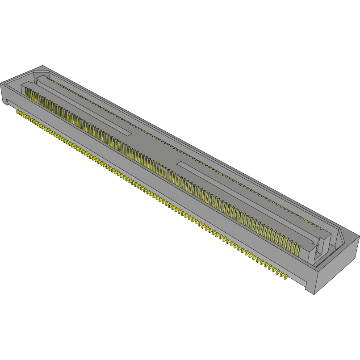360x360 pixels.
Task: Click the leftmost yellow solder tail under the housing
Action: pos(18,112)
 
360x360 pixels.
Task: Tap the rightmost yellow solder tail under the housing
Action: pos(285,277)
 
